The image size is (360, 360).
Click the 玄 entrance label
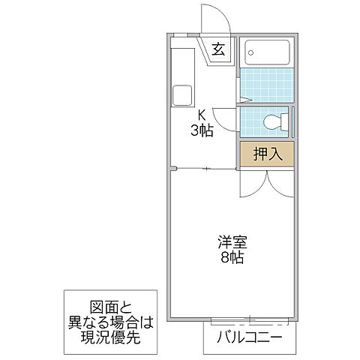pos(218,50)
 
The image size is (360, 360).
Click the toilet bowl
pos(274,121)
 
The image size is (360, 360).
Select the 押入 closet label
pos(268,155)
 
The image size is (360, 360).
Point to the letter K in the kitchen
pos(201,115)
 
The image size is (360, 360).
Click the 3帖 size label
pos(201,130)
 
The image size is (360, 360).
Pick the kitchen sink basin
pos(182,95)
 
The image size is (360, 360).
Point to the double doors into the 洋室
pos(266,182)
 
